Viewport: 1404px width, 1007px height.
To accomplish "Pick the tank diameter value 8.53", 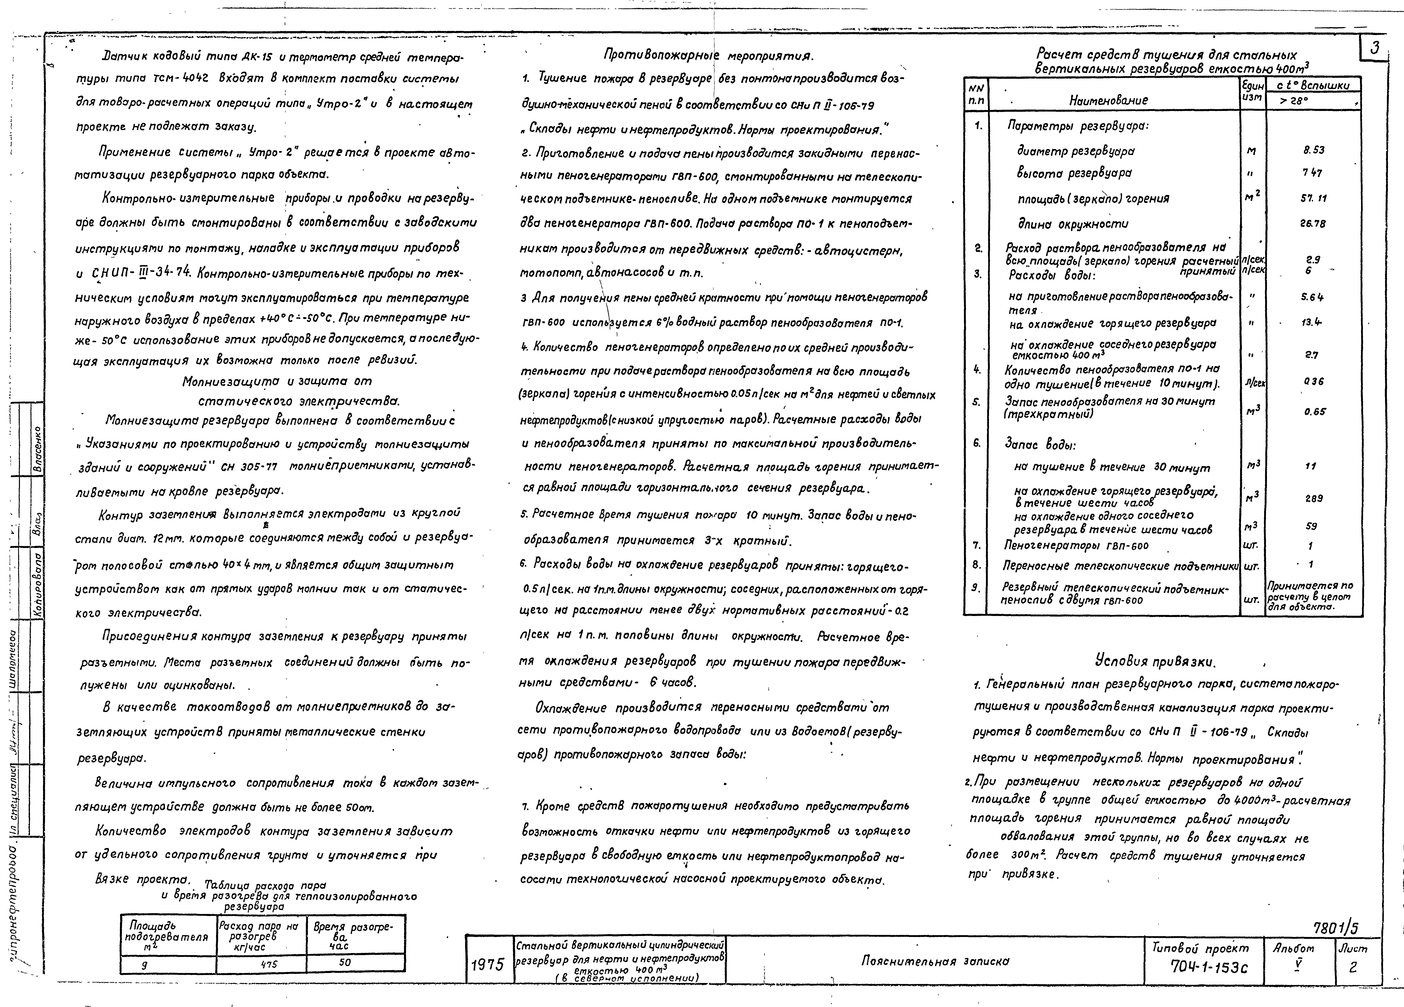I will click(x=1314, y=150).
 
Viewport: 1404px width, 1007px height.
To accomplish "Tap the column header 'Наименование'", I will click(x=1108, y=100).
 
